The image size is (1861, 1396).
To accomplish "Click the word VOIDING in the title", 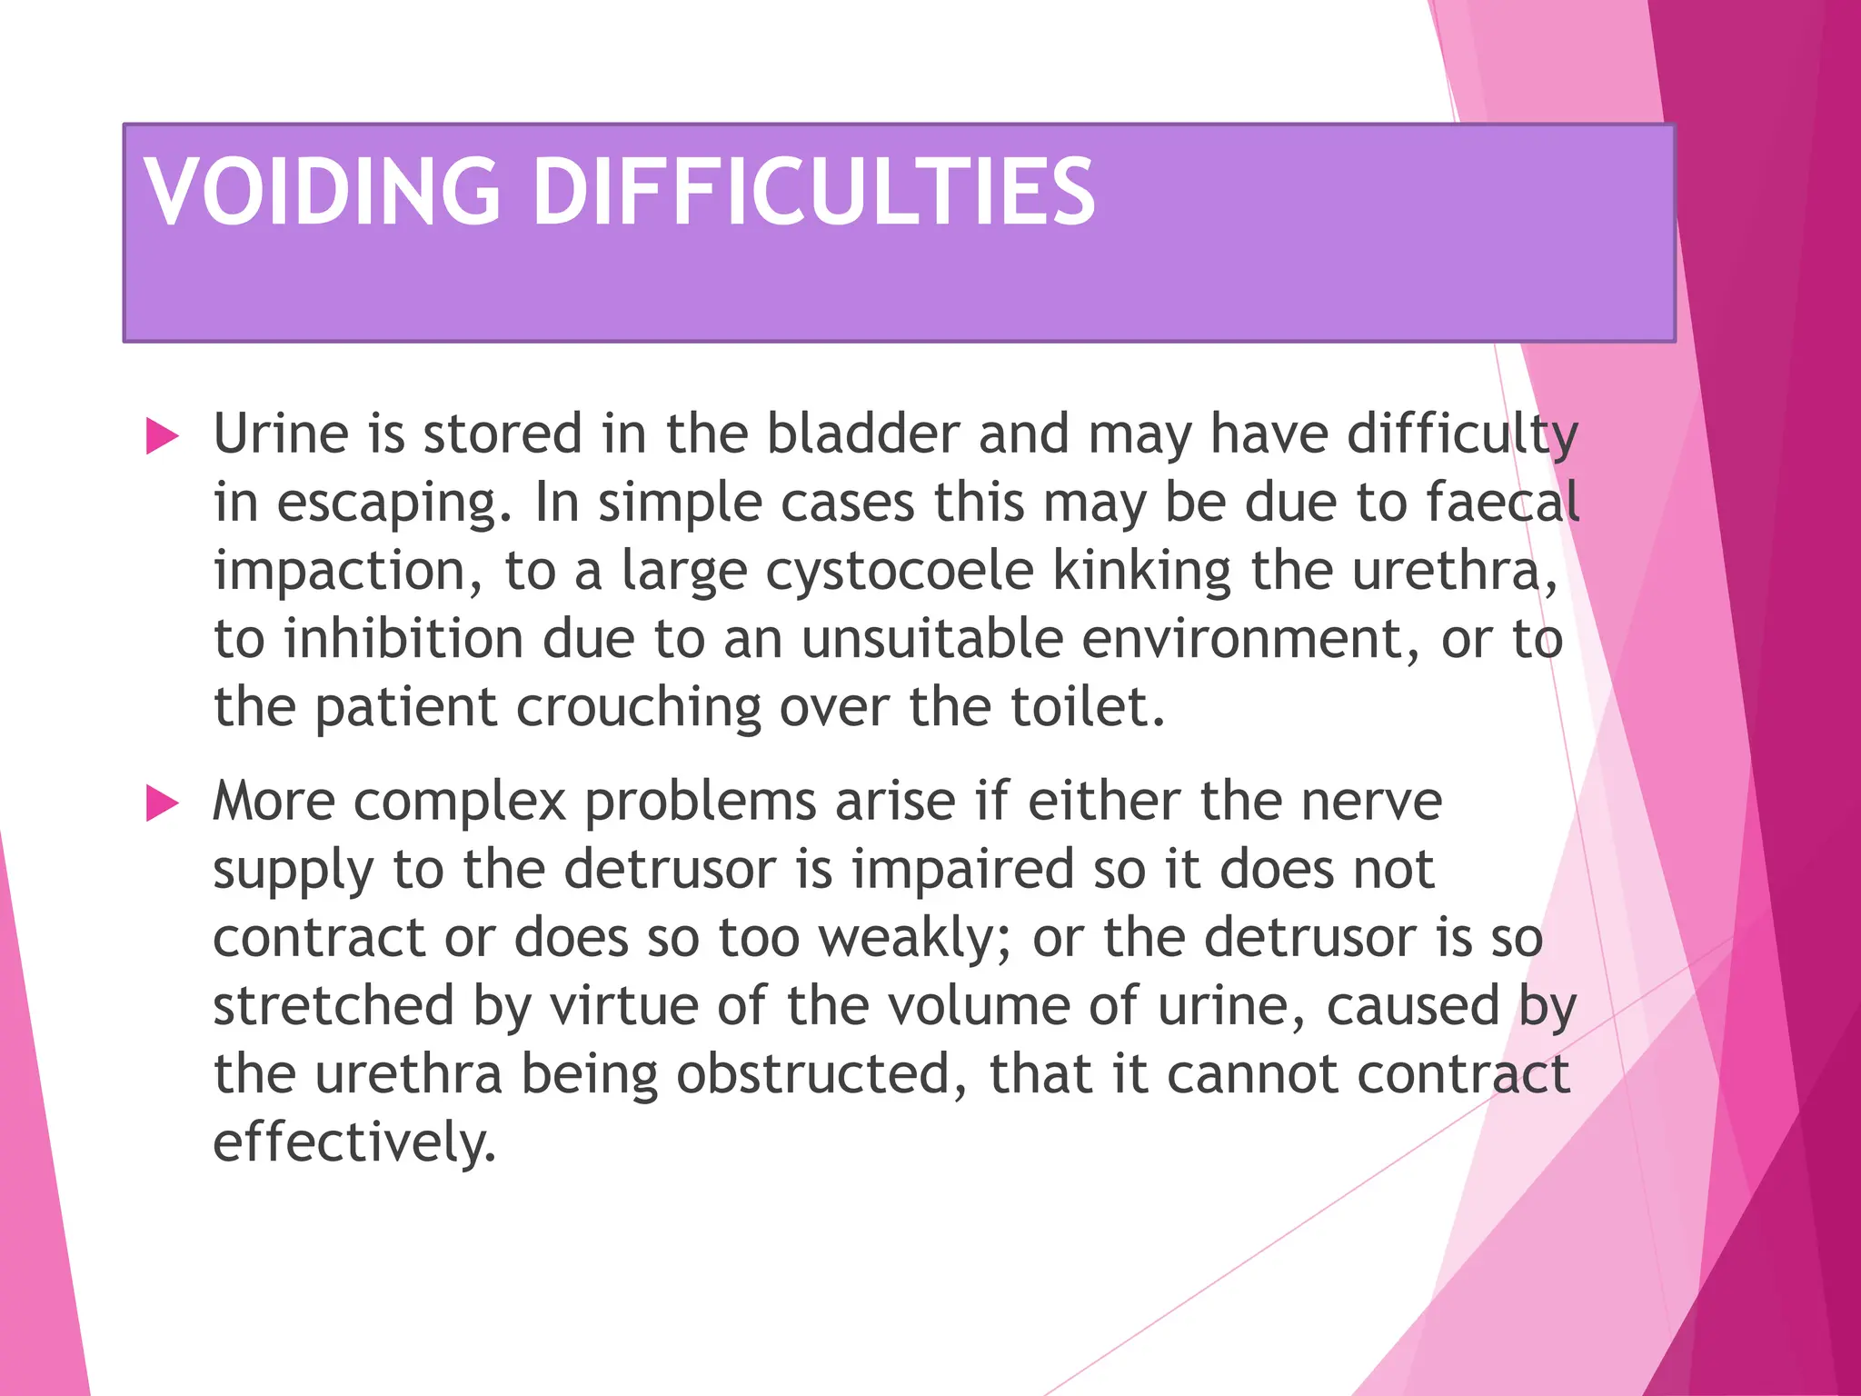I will [323, 191].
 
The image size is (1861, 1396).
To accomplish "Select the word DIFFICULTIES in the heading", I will [813, 191].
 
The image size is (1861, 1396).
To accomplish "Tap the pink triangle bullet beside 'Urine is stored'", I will [163, 436].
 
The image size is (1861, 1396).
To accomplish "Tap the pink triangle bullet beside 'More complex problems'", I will [163, 803].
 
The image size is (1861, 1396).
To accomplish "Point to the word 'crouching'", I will [638, 707].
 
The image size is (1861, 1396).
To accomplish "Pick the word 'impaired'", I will [962, 869].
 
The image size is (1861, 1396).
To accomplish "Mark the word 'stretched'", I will [333, 1005].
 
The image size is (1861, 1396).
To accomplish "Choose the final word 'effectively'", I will [353, 1142].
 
